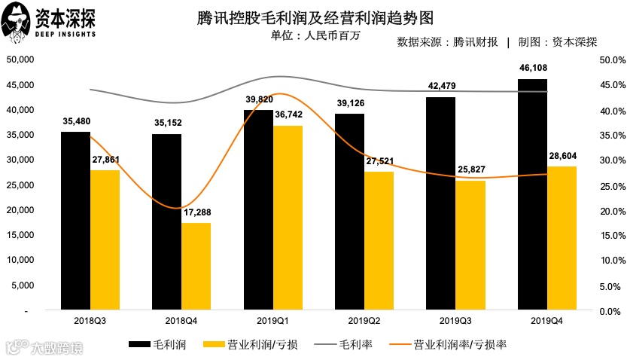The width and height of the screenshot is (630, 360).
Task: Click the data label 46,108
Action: (532, 69)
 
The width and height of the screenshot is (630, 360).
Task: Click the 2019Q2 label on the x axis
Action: (349, 320)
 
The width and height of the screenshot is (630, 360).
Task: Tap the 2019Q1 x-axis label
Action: (258, 320)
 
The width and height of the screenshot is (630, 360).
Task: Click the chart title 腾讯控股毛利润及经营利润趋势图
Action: (314, 17)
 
